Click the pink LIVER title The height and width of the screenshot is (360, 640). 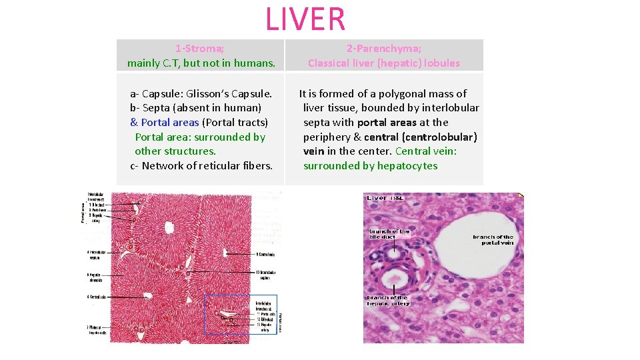(306, 19)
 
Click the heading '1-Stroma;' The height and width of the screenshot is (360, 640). (200, 48)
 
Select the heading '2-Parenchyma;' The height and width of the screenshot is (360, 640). (383, 48)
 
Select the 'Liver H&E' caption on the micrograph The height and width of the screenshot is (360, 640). (385, 198)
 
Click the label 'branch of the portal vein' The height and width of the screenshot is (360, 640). (493, 240)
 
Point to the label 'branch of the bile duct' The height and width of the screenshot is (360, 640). (390, 235)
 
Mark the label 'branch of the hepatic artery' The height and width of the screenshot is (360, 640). (389, 301)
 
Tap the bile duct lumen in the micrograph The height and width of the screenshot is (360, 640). (395, 255)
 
